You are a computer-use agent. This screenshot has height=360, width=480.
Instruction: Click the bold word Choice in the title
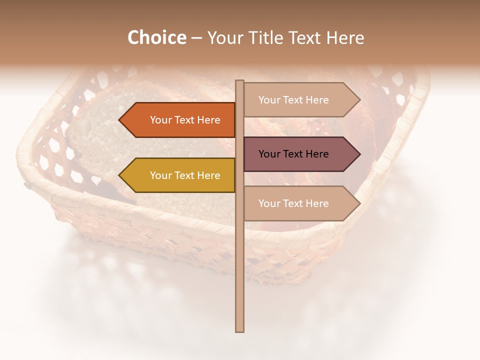point(156,38)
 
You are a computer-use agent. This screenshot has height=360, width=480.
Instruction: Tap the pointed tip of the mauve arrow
point(359,154)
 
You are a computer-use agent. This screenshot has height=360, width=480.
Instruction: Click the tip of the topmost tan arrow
point(359,100)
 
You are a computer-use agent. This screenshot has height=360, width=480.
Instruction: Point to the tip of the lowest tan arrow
point(359,203)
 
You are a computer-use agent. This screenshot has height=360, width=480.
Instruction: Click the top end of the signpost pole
point(239,81)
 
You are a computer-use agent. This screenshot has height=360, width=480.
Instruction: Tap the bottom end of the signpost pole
point(239,330)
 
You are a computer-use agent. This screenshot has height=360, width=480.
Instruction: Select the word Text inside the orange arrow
point(184,120)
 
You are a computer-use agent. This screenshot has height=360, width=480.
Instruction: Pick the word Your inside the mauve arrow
point(269,154)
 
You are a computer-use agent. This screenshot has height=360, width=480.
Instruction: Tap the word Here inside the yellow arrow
point(208,175)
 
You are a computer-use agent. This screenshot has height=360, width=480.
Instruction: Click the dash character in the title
point(196,38)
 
